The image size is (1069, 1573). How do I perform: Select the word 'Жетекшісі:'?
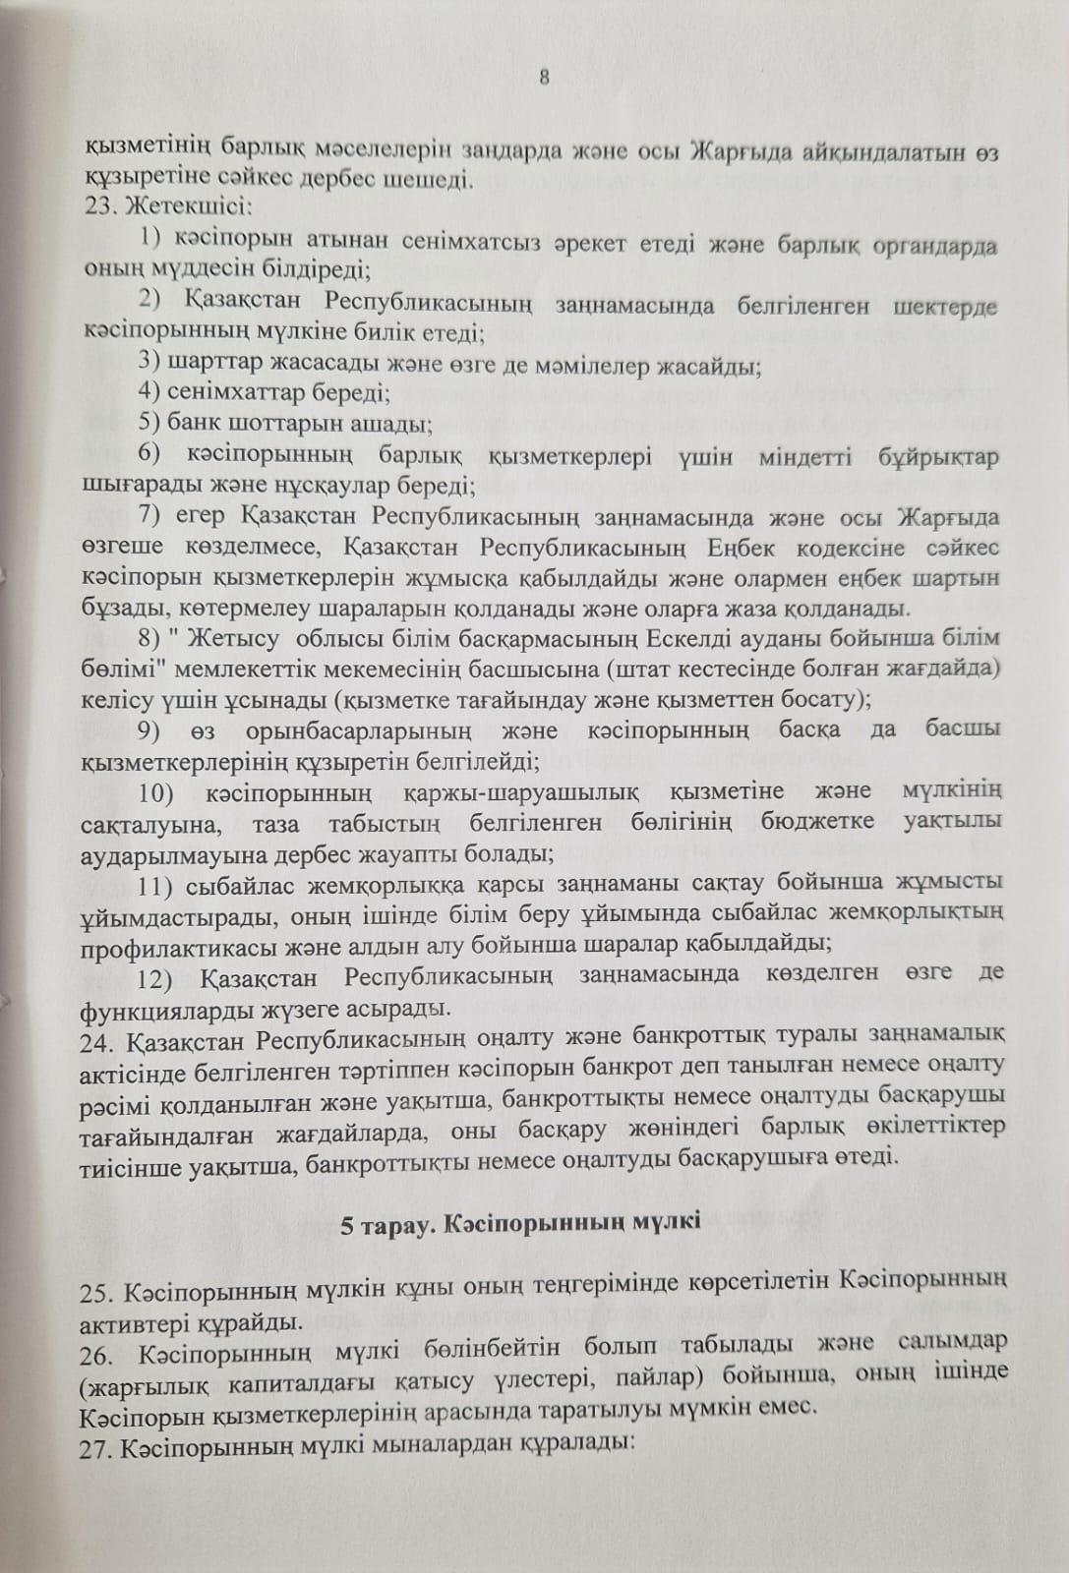[173, 207]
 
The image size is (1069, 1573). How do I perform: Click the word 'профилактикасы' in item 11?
[162, 945]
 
